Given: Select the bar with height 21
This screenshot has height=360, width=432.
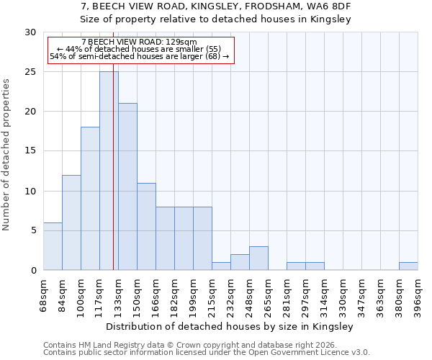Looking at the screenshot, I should (x=127, y=187).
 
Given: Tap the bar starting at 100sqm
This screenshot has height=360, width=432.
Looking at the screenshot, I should (x=90, y=199).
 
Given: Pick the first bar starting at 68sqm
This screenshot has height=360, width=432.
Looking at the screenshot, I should (x=53, y=246).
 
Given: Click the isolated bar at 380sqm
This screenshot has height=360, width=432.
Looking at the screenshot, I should (x=408, y=266).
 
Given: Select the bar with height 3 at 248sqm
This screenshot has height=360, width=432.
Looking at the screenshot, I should (x=258, y=258).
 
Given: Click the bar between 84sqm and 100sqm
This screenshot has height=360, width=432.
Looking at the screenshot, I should (x=71, y=222).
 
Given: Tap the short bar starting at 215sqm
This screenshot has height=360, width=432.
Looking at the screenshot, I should (x=221, y=266).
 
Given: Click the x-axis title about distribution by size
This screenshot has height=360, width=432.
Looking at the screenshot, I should (x=230, y=327).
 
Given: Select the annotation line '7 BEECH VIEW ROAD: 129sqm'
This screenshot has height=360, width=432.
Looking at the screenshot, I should (x=139, y=42).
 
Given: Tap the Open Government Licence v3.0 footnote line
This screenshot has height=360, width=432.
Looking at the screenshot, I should (x=207, y=353).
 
